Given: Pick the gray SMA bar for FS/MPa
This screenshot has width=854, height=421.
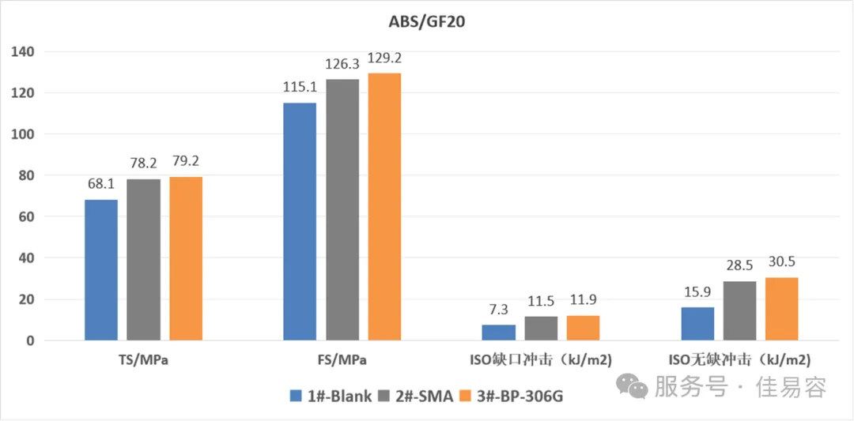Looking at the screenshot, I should point(342,210).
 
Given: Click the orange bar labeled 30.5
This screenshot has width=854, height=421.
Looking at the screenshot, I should point(781,309).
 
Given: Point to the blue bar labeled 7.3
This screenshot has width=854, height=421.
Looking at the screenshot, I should point(499,333).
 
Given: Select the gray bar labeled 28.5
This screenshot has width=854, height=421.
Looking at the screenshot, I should point(739,311).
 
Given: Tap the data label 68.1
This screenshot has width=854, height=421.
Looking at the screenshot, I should point(101,184).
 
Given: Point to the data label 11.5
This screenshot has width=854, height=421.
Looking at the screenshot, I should point(541,301).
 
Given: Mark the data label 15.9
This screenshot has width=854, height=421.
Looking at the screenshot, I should point(697,291).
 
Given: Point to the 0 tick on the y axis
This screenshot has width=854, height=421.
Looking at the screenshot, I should point(34,341).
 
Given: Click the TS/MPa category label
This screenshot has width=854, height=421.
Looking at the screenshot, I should point(143,361).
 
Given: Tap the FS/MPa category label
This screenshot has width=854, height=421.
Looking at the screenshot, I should point(342,361).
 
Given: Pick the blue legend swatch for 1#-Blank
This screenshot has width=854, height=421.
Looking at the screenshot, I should point(297,396).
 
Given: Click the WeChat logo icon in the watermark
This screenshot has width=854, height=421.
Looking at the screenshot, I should point(633,386).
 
